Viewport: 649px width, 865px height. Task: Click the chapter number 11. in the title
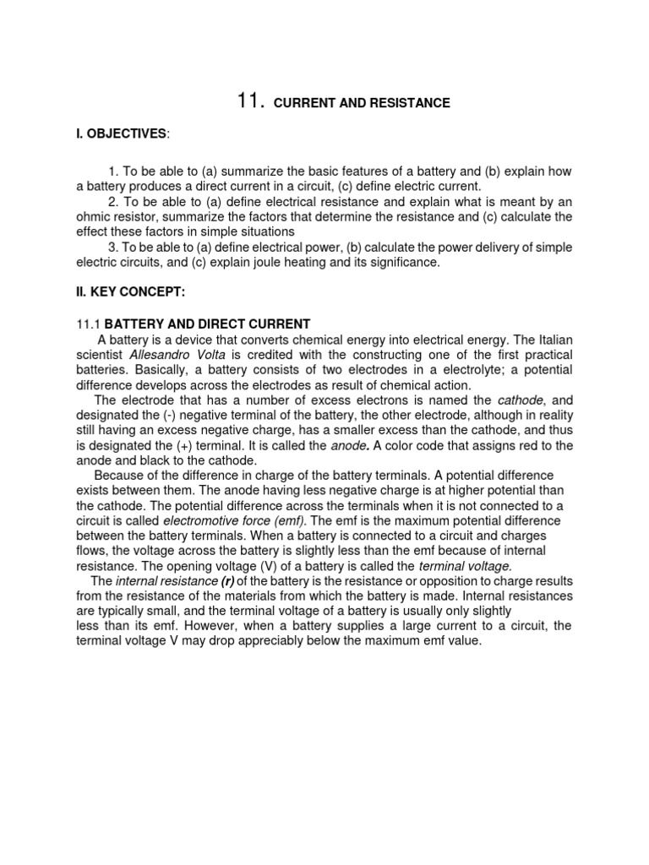click(x=251, y=101)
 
